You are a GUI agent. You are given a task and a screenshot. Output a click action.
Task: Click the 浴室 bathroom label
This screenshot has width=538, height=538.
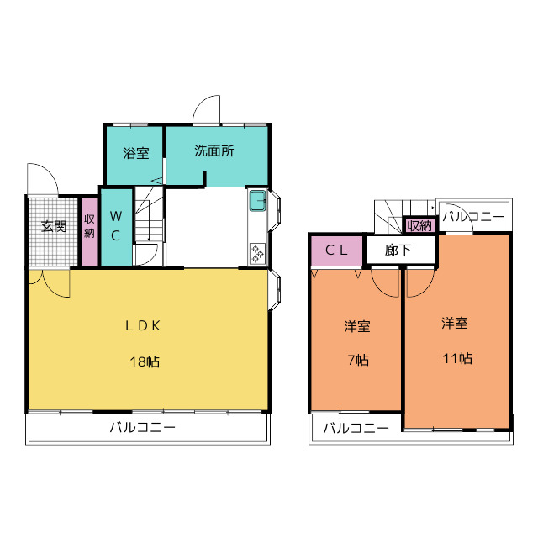point(136,153)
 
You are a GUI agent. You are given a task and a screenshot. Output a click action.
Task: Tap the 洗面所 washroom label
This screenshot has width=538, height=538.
point(214,150)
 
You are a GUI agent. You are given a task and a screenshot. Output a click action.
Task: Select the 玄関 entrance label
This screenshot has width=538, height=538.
point(54,226)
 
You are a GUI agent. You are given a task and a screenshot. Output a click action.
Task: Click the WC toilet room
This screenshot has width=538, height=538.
point(116,227)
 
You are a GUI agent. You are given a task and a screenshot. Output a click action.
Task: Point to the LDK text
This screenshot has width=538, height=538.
point(143,325)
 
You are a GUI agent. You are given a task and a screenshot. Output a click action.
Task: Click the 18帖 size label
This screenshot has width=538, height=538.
point(145,361)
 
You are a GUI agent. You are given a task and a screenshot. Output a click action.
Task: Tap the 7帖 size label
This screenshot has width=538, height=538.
point(358,360)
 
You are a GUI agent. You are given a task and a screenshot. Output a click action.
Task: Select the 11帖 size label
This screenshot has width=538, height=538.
point(457,359)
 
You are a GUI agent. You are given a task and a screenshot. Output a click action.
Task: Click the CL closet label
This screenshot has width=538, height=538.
point(336,251)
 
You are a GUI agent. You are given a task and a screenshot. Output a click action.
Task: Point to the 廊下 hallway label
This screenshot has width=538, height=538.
point(398,251)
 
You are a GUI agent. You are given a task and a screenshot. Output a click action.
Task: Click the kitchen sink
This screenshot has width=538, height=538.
point(258,201)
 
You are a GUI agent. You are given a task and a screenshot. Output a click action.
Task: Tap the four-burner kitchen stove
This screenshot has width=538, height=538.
point(257,254)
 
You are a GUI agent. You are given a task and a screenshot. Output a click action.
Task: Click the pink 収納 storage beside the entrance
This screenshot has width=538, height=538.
point(89,231)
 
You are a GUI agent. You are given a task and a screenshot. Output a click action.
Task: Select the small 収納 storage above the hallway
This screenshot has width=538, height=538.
point(419,225)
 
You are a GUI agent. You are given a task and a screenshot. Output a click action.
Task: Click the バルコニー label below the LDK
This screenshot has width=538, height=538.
point(143,428)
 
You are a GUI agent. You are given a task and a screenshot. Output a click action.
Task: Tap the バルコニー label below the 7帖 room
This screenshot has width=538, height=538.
point(356,428)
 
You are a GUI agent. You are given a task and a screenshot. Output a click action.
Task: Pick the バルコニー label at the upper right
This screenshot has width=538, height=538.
point(473,217)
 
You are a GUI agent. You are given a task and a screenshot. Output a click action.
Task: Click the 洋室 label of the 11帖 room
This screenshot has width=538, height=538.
point(455,323)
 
